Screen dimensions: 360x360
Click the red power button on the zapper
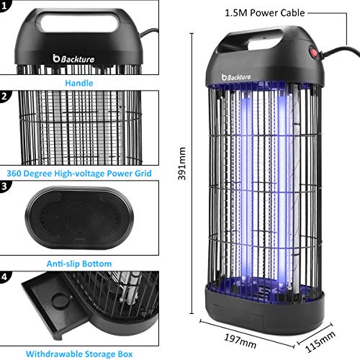(x=313, y=52)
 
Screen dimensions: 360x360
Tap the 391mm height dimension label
(x=182, y=163)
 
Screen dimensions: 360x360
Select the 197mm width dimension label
(x=240, y=341)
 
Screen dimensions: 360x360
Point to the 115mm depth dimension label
(x=320, y=341)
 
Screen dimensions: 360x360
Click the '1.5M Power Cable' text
(x=265, y=13)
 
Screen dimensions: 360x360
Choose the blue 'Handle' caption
(x=79, y=83)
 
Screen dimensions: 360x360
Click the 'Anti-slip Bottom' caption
(x=79, y=264)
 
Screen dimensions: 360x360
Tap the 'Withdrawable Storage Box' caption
(x=79, y=354)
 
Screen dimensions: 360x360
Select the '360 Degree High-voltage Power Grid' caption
(x=79, y=174)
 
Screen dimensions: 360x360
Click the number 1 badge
(x=4, y=6)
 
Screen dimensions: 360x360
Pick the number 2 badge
(x=4, y=96)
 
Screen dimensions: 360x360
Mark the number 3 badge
(x=4, y=186)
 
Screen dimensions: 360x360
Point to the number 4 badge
(x=4, y=277)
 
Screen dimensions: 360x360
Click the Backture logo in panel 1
(x=73, y=58)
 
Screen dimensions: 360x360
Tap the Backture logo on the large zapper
(x=236, y=77)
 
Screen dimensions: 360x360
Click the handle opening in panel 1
(x=80, y=22)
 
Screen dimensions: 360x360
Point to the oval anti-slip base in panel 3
(x=79, y=218)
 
